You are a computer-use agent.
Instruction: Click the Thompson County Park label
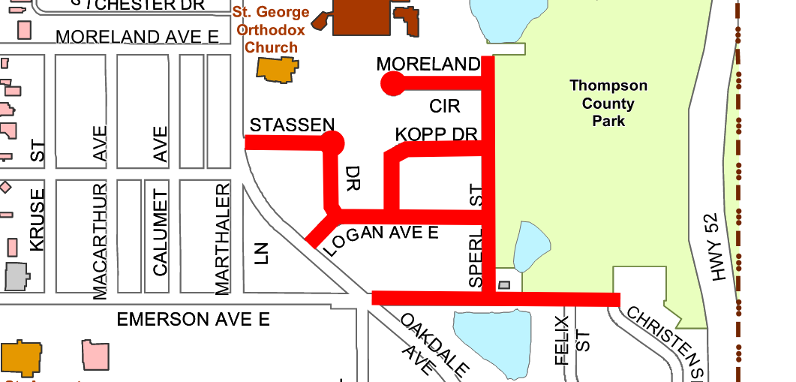pos(608,104)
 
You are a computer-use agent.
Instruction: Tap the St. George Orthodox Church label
pos(272,30)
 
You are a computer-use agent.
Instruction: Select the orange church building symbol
pos(278,69)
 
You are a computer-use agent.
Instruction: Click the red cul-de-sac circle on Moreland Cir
pos(392,83)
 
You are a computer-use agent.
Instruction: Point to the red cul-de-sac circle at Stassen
pos(333,142)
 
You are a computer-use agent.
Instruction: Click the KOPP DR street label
pos(436,134)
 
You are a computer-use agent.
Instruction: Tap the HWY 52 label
pos(716,248)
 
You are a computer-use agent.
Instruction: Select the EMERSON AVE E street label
pos(193,320)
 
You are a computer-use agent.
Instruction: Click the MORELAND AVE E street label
pos(138,37)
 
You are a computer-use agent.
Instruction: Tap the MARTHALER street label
pos(222,239)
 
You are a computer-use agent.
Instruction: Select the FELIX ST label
pos(571,340)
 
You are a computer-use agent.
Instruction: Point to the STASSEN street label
pos(292,125)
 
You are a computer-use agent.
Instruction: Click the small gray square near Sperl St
pos(504,285)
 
